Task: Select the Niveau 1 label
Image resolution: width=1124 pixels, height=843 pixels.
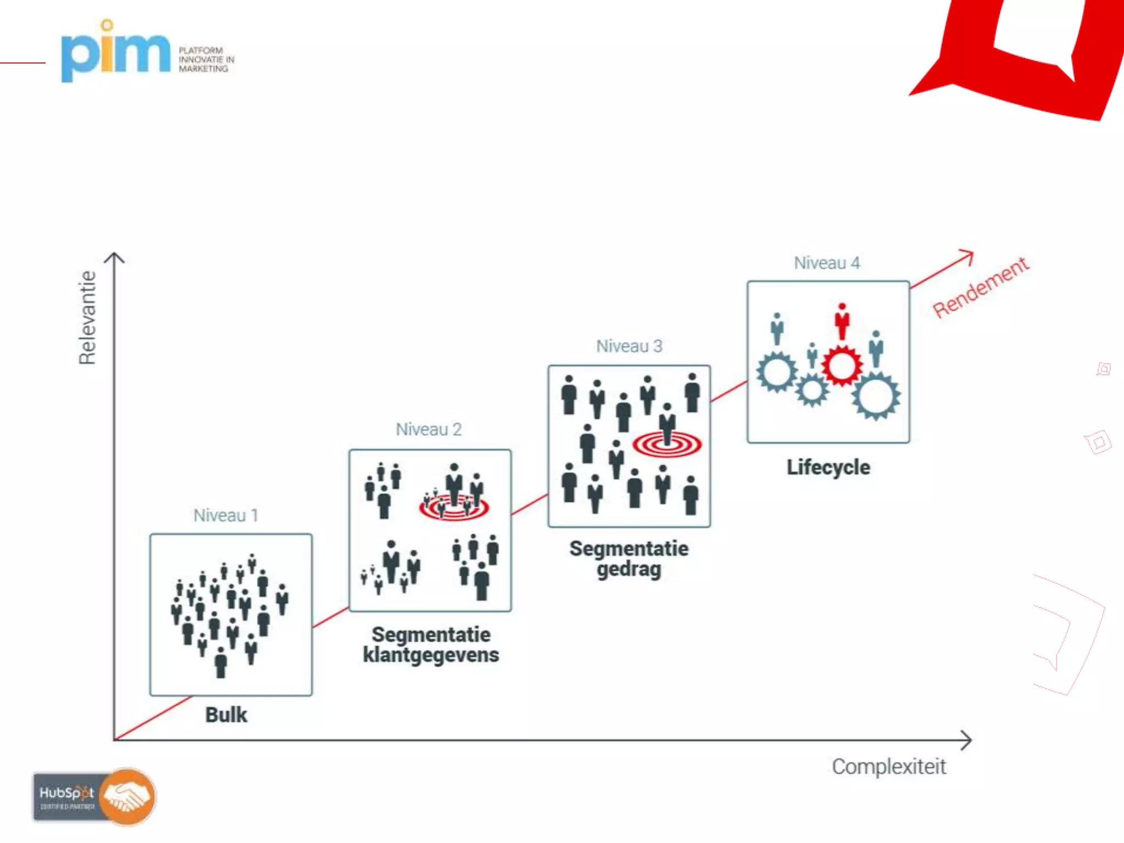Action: [x=226, y=515]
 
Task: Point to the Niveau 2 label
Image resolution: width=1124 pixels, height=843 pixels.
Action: [x=429, y=429]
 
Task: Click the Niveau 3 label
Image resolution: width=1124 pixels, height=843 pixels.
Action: [x=629, y=346]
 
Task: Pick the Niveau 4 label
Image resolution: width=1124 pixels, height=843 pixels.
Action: [x=827, y=263]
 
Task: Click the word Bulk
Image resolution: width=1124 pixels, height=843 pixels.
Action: [x=226, y=715]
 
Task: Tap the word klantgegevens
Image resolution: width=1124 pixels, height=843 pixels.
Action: [x=431, y=655]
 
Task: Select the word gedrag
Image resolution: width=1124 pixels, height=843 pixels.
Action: [x=629, y=569]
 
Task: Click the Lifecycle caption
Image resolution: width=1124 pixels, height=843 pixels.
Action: [x=828, y=468]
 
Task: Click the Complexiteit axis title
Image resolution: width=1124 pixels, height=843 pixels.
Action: [x=889, y=767]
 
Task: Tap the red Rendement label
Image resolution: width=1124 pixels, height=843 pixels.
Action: [x=981, y=287]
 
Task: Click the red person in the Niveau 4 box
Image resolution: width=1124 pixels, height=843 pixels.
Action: [x=842, y=322]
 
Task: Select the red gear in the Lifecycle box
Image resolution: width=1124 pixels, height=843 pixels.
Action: [x=841, y=366]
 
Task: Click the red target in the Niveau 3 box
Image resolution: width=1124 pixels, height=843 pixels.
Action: [x=667, y=444]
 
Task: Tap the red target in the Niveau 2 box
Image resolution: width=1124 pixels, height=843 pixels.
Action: [x=454, y=508]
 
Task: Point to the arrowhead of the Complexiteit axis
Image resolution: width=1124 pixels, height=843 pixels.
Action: [x=967, y=740]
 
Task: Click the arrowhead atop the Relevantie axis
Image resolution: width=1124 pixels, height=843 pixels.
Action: [x=114, y=257]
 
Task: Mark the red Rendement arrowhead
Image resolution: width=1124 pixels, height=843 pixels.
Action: [x=968, y=255]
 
